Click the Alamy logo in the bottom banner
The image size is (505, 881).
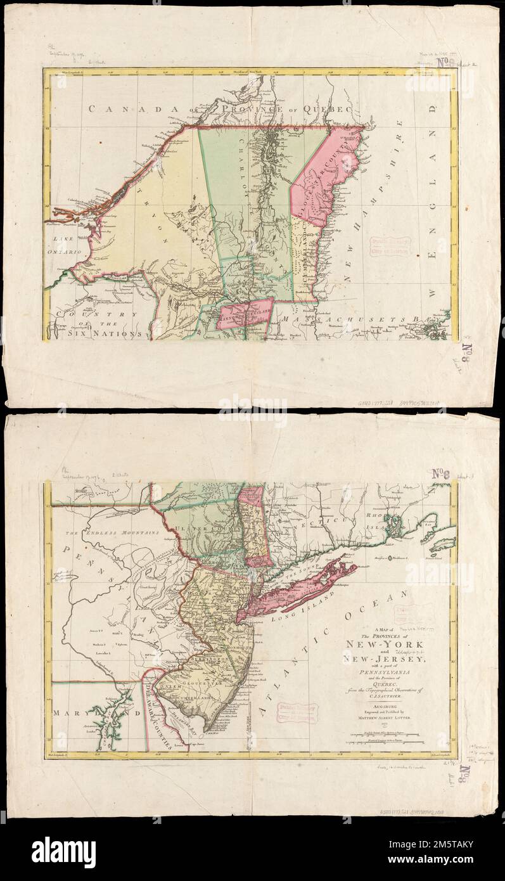point(63,853)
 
